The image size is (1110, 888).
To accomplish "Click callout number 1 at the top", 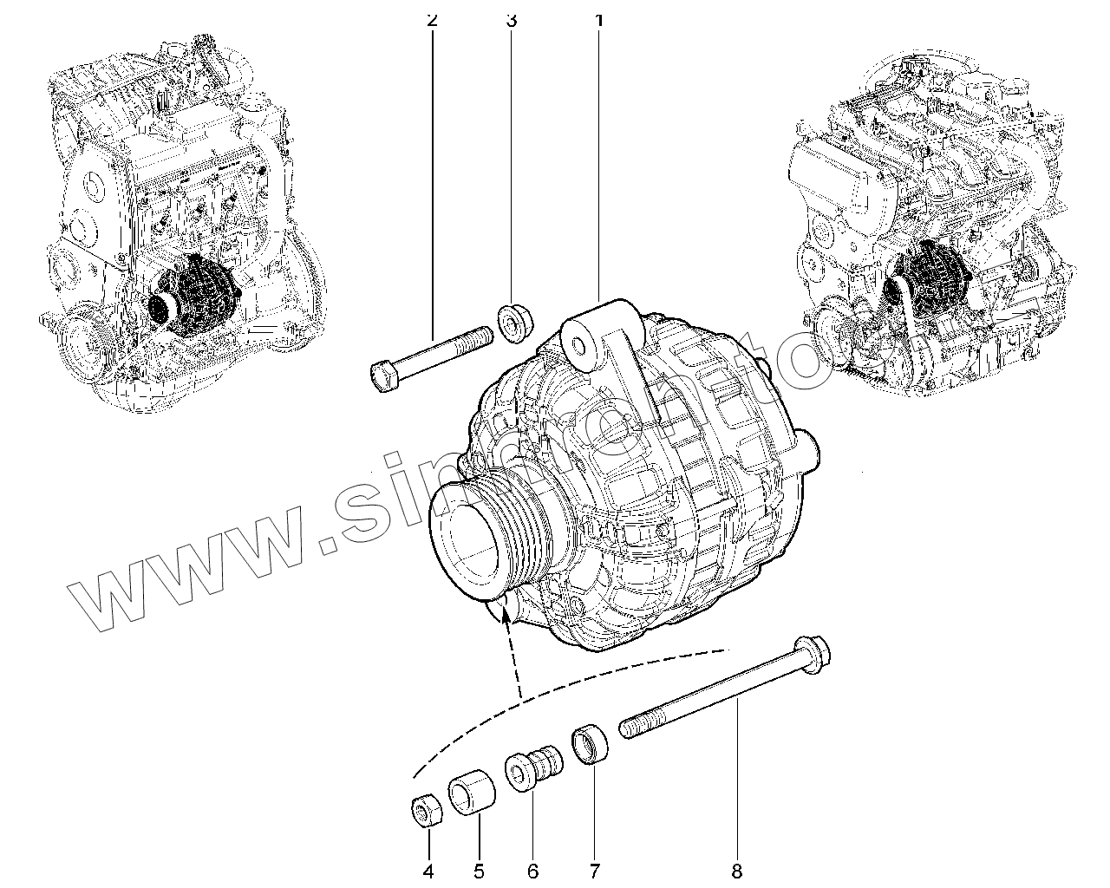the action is (598, 18).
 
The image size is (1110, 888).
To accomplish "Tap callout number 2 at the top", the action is (432, 18).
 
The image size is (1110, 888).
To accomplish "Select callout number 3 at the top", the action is (511, 18).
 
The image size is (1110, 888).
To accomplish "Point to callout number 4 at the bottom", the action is (428, 871).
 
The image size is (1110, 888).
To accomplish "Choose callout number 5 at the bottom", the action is (479, 871).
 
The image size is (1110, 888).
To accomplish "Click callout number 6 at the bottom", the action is (532, 871).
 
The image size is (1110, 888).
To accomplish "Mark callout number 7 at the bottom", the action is (594, 871).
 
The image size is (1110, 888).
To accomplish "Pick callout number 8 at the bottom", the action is (736, 871).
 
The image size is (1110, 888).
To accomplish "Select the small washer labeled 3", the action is (517, 323).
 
